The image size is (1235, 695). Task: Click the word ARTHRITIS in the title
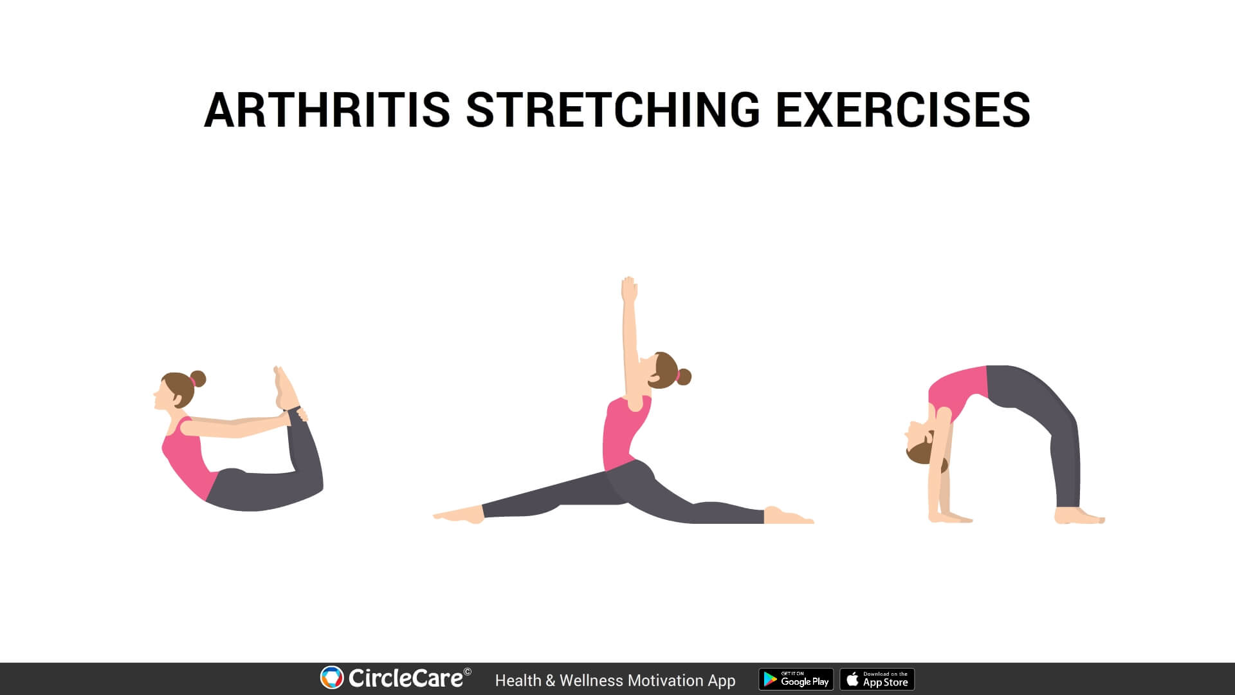327,109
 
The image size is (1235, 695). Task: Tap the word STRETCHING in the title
613,109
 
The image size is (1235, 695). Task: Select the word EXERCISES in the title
902,109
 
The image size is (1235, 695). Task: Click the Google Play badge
796,680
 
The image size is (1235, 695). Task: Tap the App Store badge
877,680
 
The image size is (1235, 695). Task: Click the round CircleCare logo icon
332,678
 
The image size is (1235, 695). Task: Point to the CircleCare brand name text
405,678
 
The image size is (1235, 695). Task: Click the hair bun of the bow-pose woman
198,378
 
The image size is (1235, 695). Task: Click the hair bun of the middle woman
683,376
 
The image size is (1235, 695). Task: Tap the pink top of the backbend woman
958,390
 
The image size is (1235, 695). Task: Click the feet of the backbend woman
1079,516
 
